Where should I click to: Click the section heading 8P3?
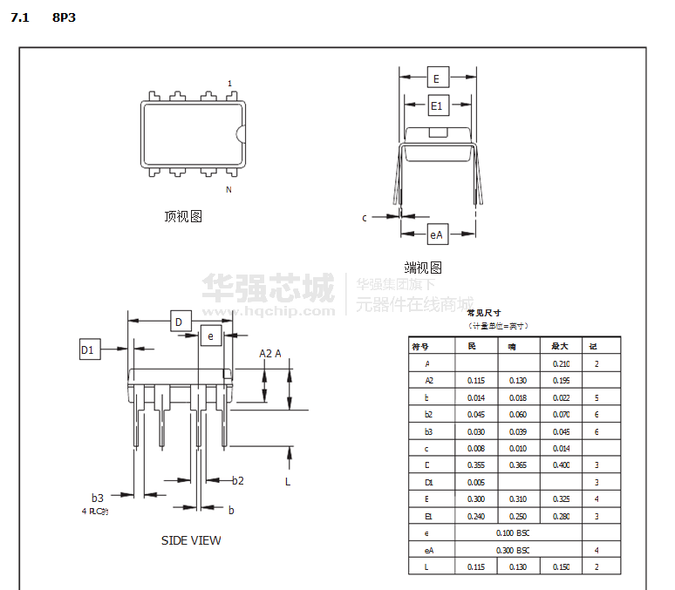[64, 17]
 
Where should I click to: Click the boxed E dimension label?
[437, 78]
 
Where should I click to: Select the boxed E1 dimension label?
[438, 106]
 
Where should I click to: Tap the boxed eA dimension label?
[437, 234]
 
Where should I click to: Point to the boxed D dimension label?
[180, 322]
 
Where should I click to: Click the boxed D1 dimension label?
[88, 349]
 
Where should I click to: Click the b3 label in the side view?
[98, 498]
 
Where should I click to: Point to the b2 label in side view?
[237, 480]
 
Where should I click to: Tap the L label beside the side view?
[288, 480]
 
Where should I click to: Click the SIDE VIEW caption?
[191, 540]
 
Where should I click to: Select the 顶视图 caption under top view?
[183, 216]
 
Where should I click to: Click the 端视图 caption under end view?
[423, 268]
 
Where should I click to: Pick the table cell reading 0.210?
[561, 363]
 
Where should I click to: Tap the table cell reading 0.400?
[561, 465]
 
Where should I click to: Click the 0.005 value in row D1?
[475, 482]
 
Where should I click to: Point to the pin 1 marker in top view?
[229, 84]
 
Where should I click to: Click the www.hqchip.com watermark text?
[269, 309]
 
